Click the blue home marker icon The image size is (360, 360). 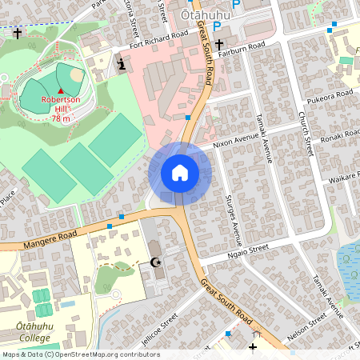click(180, 173)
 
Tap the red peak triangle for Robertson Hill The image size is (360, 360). click(60, 90)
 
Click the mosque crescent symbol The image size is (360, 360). click(155, 262)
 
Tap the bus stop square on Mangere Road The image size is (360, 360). click(121, 216)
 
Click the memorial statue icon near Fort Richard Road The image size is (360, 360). click(121, 64)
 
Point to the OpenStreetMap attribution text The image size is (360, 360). click(80, 354)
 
